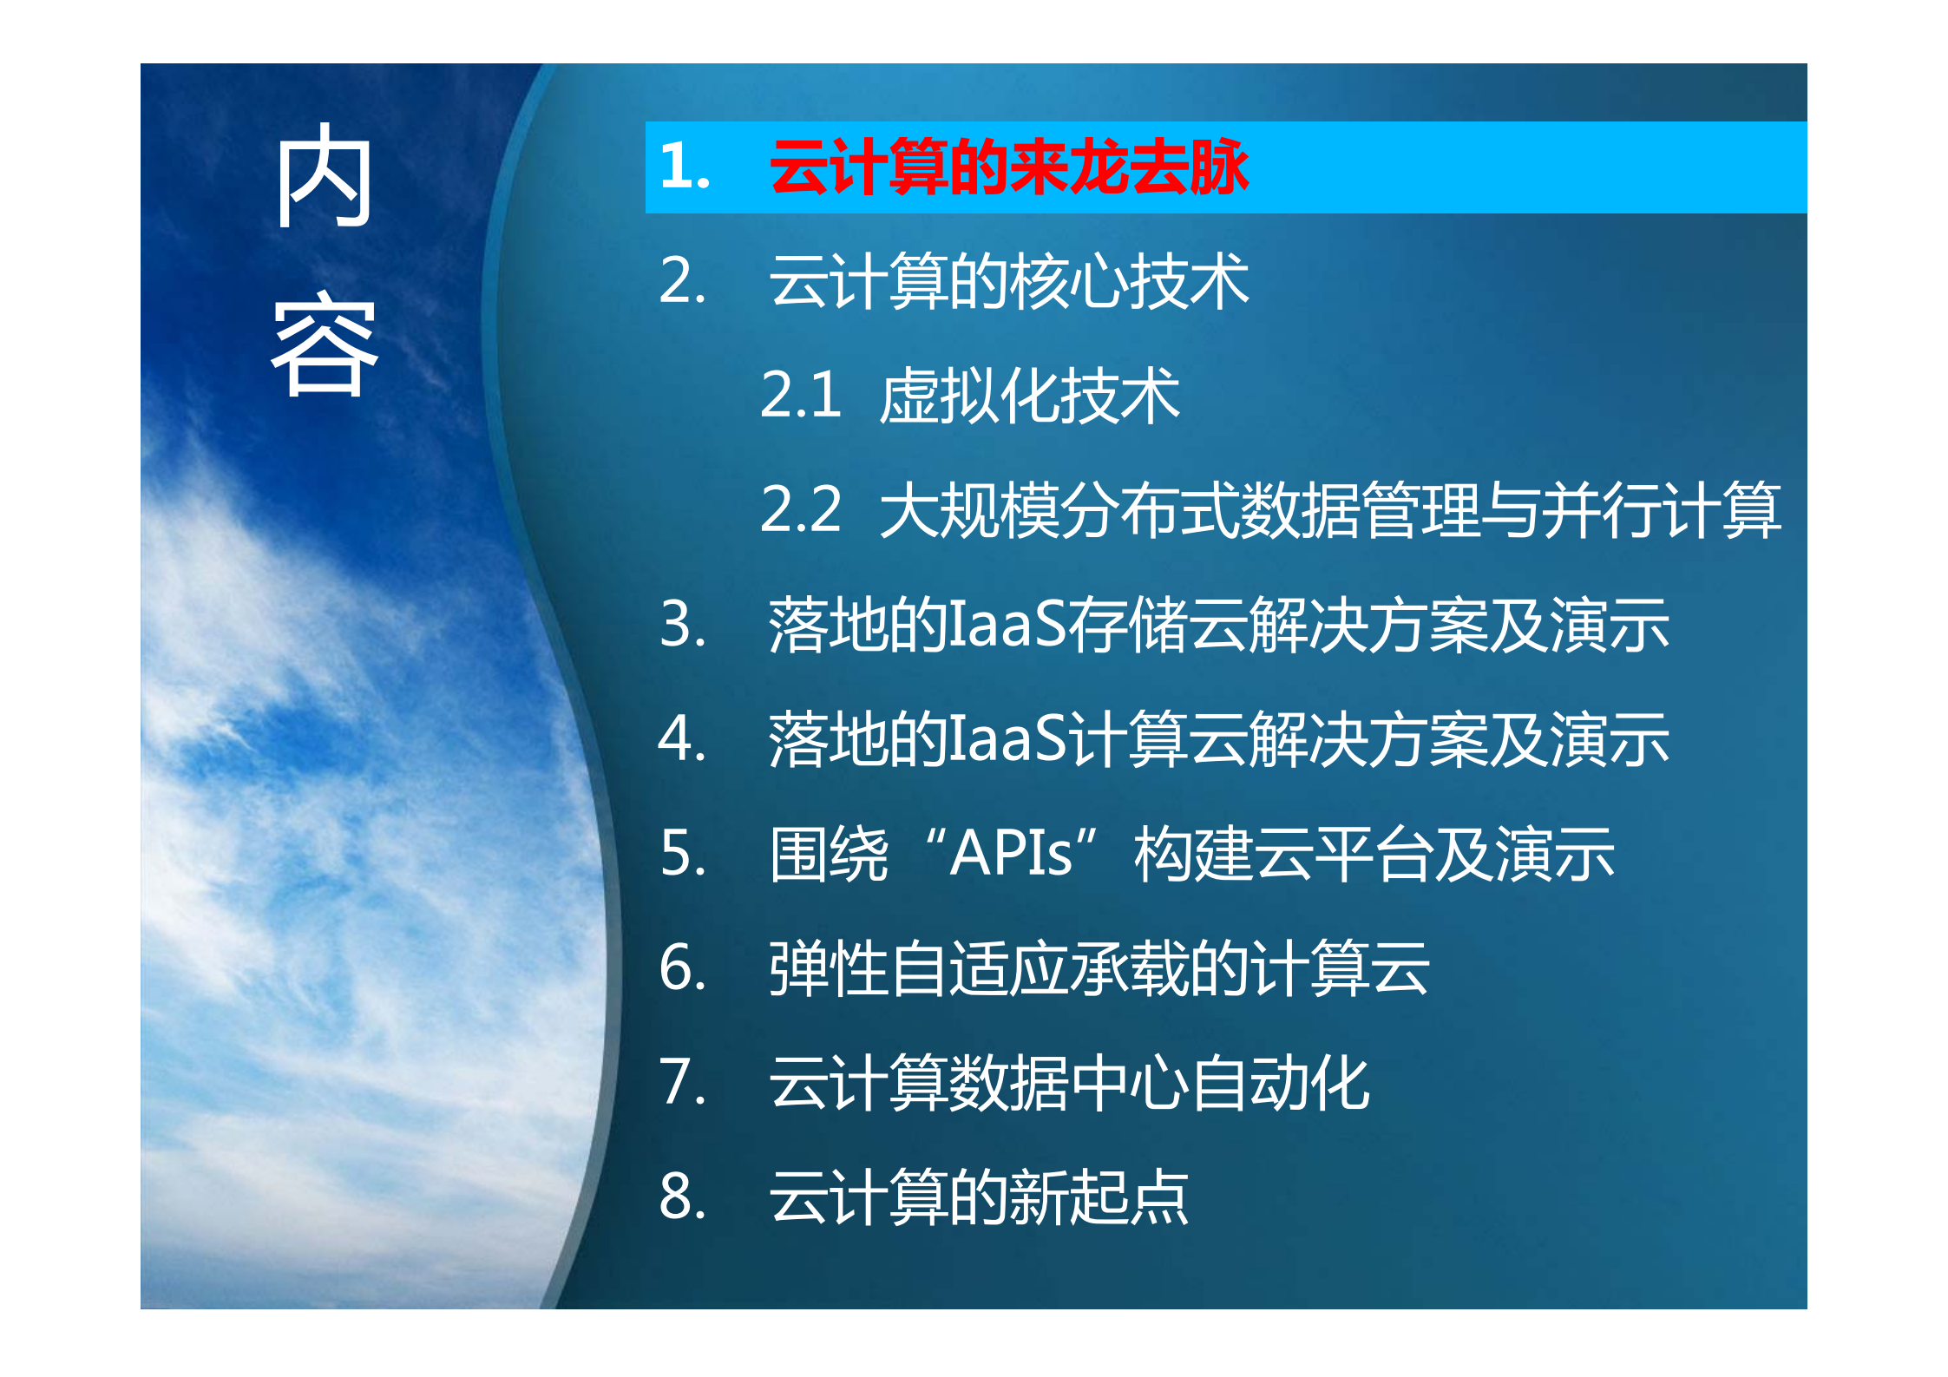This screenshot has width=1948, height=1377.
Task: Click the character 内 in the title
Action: tap(325, 176)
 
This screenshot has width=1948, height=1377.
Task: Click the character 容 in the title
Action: tap(325, 345)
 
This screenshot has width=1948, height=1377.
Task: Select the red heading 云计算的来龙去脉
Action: tap(1008, 167)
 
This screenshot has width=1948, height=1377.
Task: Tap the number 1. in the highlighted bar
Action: tap(684, 167)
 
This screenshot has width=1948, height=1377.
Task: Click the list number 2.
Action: tap(682, 281)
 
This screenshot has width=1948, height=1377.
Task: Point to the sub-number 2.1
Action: tap(799, 396)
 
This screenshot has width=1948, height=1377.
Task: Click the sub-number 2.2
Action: tap(799, 510)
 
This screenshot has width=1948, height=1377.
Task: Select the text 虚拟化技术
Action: tap(1029, 396)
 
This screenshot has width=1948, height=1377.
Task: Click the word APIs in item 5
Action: tap(1011, 854)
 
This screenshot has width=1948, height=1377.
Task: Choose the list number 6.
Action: tap(682, 968)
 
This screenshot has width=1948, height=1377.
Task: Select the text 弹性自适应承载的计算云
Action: tap(1099, 968)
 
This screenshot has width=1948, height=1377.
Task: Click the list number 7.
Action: tap(682, 1083)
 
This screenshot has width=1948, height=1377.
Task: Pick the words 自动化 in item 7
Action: tap(1280, 1083)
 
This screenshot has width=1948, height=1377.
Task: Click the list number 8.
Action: tap(682, 1197)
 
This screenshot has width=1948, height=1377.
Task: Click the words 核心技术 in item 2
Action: tap(1129, 281)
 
